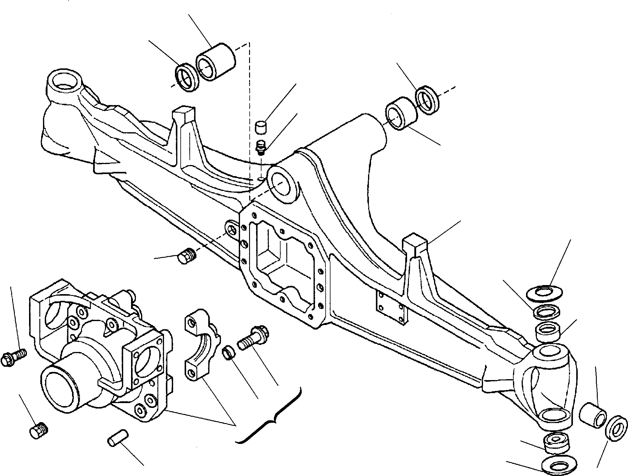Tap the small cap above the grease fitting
click(x=261, y=127)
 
